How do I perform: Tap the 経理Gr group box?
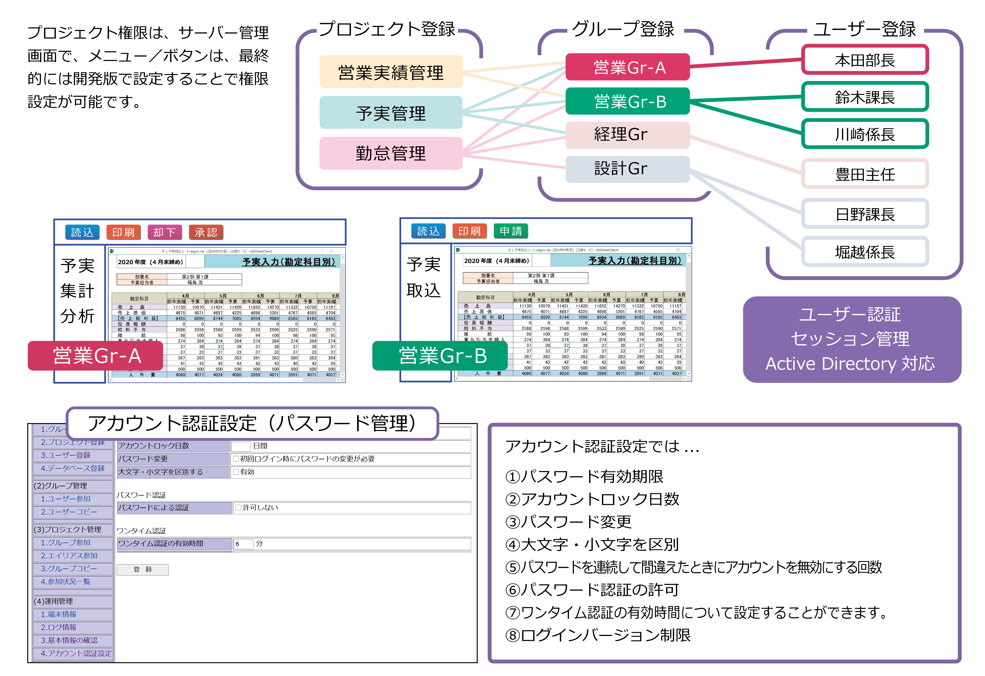pyautogui.click(x=627, y=134)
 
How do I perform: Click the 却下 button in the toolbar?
pyautogui.click(x=164, y=232)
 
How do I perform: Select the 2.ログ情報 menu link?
pyautogui.click(x=58, y=627)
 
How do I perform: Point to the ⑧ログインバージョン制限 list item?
pyautogui.click(x=598, y=635)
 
